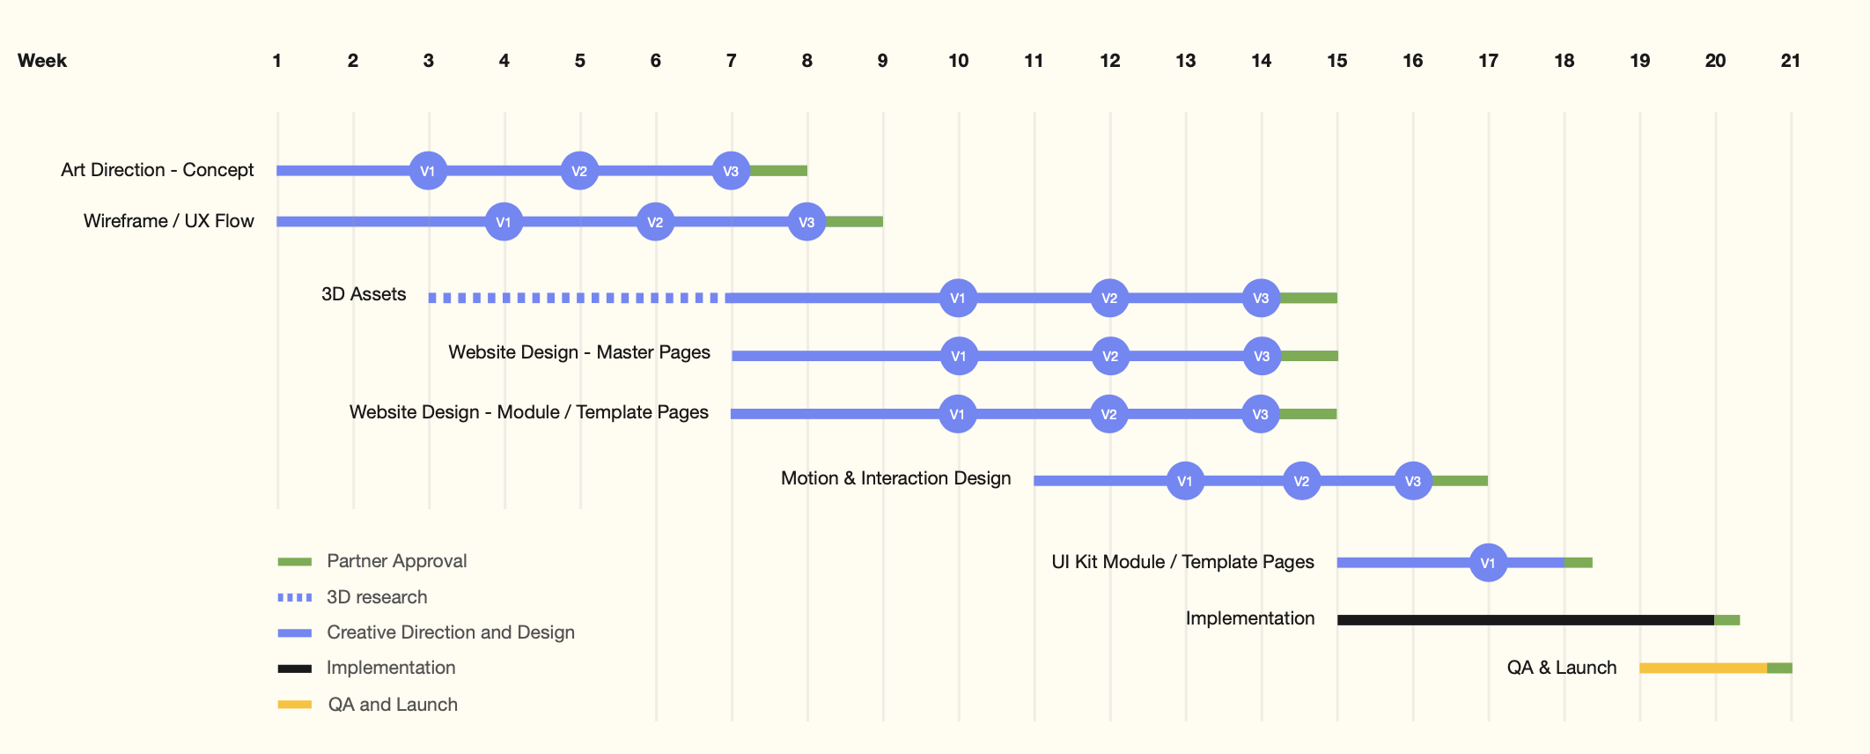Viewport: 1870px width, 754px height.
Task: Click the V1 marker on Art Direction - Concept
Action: (428, 171)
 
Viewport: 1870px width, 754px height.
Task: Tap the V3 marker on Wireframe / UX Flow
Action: (806, 222)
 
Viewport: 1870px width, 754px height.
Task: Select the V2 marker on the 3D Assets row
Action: (1109, 298)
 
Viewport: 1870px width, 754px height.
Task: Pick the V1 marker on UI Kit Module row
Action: (1488, 563)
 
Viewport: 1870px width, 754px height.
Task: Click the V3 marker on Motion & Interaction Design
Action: (1413, 481)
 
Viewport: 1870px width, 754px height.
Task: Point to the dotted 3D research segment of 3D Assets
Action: (577, 298)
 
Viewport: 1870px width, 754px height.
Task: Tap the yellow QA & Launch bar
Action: (1703, 669)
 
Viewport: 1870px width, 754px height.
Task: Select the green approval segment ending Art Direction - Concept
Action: (778, 171)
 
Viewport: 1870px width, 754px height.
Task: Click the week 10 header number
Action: (958, 61)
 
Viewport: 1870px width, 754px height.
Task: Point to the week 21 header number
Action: (1790, 61)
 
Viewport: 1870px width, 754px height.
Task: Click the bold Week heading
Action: (42, 61)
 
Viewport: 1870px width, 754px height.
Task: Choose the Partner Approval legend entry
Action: (396, 561)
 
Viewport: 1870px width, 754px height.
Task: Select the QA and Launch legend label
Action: (393, 705)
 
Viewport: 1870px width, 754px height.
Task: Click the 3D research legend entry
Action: (377, 597)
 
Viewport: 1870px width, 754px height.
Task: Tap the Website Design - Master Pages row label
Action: (579, 352)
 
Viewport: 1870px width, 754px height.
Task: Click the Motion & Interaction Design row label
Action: (895, 478)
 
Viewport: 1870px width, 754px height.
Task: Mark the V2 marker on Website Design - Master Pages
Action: (1110, 356)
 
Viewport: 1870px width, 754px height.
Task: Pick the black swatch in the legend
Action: (295, 669)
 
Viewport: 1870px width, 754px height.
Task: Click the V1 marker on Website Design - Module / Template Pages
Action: (958, 414)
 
